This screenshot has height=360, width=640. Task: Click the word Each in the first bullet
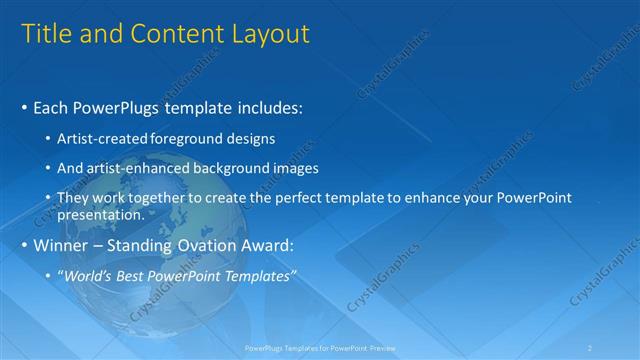tap(51, 107)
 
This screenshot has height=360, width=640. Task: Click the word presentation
tap(100, 213)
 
